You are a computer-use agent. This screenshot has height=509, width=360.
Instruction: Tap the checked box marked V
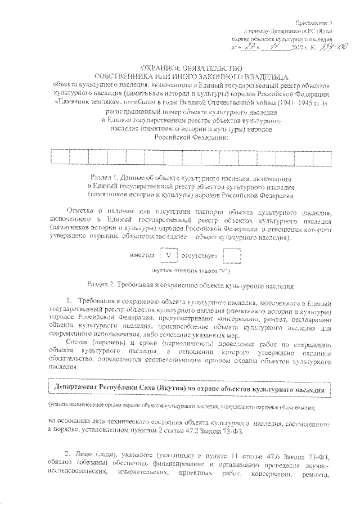click(167, 255)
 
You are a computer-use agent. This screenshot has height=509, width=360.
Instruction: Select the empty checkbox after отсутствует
click(232, 255)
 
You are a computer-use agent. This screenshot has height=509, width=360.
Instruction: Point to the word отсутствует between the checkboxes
click(199, 255)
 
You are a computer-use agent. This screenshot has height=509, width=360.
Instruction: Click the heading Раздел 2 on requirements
click(191, 285)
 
